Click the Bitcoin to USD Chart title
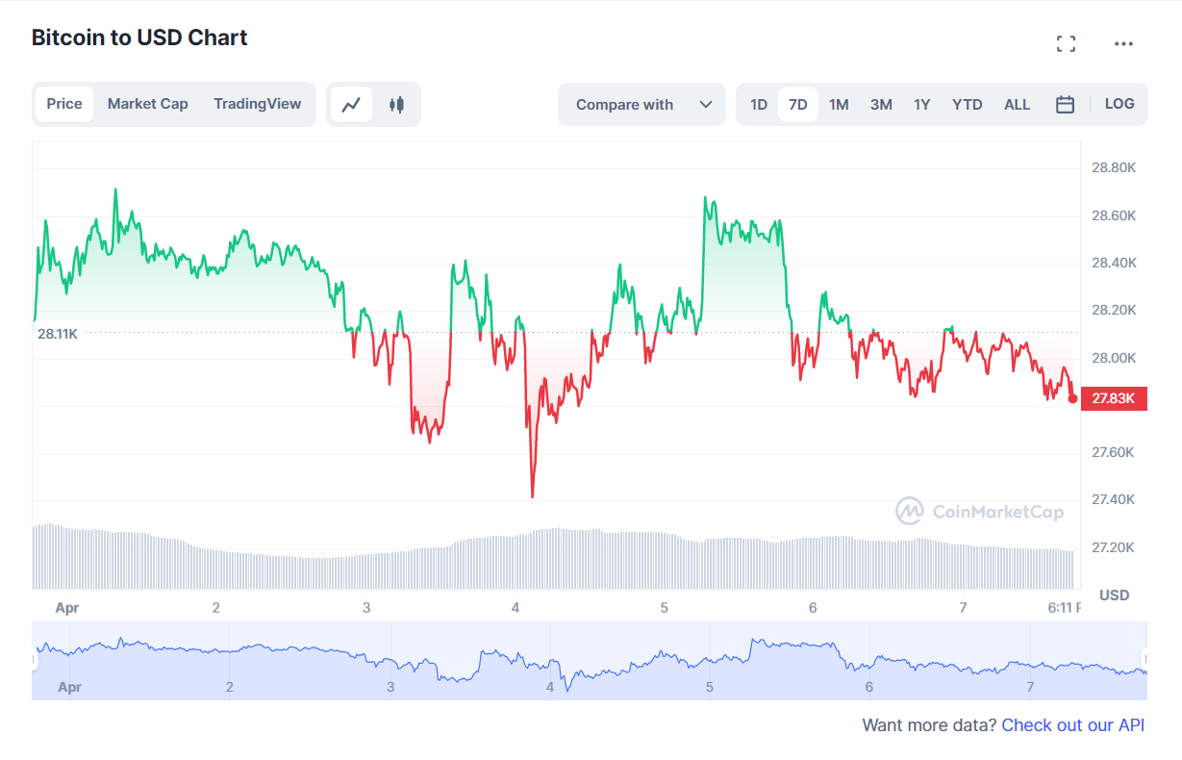[139, 38]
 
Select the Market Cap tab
[147, 104]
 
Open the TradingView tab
[257, 104]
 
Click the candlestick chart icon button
[396, 105]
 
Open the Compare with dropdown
[641, 105]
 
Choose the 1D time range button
[758, 105]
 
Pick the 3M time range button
[881, 105]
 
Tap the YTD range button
[967, 105]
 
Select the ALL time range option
[1017, 105]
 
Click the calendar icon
[1065, 105]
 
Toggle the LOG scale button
[1119, 104]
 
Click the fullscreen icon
[1066, 43]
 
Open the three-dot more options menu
[1123, 43]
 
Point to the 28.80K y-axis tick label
[1114, 168]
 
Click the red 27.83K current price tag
[1114, 398]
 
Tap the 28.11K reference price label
[58, 334]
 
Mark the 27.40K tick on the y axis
[1114, 499]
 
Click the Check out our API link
[1072, 725]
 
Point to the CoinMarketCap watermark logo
[979, 511]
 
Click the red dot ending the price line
[1073, 398]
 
